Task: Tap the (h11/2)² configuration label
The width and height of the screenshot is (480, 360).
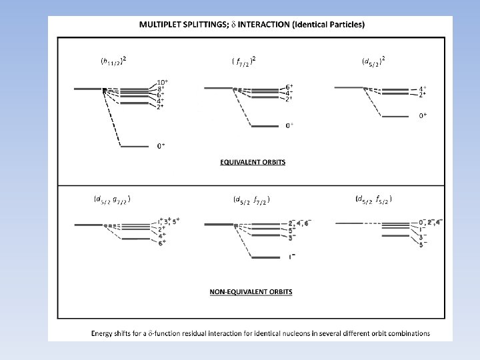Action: tap(113, 61)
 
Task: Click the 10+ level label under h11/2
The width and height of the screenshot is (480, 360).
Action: tap(162, 82)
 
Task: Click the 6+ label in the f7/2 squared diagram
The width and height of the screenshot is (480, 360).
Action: tap(289, 87)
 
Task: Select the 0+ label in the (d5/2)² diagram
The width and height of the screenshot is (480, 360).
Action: tap(423, 116)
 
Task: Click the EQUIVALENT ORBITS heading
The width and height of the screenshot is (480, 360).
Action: tap(253, 163)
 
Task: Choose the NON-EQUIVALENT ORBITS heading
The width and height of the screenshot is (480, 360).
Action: tap(251, 291)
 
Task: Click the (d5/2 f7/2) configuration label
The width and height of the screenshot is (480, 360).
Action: tap(251, 199)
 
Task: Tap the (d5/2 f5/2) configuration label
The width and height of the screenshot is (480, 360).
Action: tap(373, 198)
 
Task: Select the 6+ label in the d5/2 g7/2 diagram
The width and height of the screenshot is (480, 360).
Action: tap(162, 243)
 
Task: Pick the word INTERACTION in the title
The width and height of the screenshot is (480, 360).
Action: tap(278, 25)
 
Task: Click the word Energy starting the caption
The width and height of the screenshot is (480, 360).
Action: tap(104, 333)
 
